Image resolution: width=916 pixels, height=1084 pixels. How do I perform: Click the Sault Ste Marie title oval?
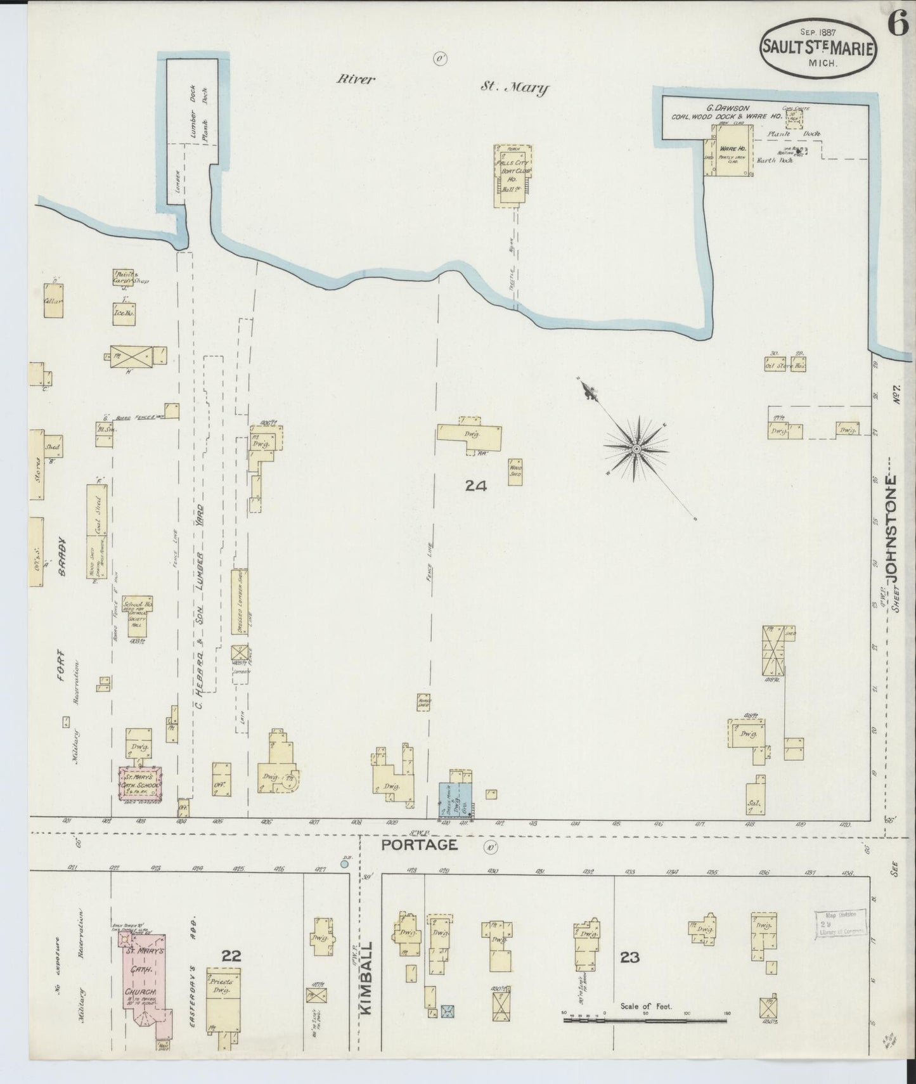(x=818, y=47)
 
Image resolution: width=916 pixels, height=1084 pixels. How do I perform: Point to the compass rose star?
(x=635, y=448)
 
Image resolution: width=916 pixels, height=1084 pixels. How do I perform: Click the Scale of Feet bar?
(x=645, y=1020)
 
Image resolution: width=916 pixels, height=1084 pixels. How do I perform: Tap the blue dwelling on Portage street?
(x=455, y=801)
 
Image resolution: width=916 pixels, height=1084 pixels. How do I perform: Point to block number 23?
(x=629, y=957)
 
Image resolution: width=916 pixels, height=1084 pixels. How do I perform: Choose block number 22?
(x=231, y=955)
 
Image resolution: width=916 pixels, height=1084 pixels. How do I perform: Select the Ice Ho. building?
(x=124, y=313)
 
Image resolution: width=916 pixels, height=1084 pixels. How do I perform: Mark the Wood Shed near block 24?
(x=515, y=472)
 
